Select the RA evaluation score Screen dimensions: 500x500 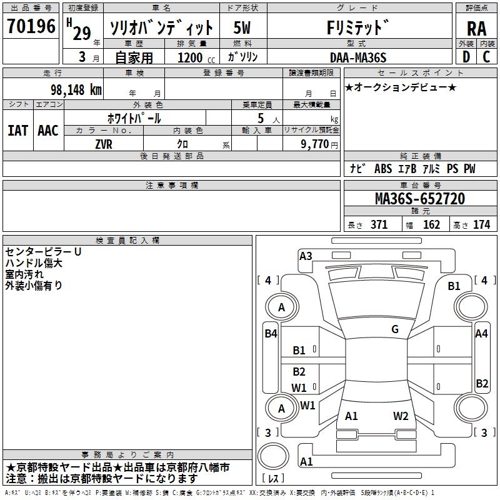coord(476,28)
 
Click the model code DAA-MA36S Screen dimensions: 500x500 coord(358,57)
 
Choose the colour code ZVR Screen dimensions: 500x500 coord(104,143)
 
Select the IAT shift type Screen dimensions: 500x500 coord(17,131)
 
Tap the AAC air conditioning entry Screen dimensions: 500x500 coord(48,131)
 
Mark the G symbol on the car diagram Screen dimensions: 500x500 coord(395,329)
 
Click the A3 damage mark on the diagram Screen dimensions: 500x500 coord(306,256)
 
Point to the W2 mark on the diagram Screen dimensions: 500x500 coord(401,416)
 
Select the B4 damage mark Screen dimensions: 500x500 coord(271,334)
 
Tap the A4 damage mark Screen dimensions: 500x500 coord(481,334)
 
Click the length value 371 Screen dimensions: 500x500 coord(379,225)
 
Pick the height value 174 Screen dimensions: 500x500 coord(482,225)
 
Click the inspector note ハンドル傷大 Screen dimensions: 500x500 coord(34,263)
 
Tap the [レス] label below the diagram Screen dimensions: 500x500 coord(274,479)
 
